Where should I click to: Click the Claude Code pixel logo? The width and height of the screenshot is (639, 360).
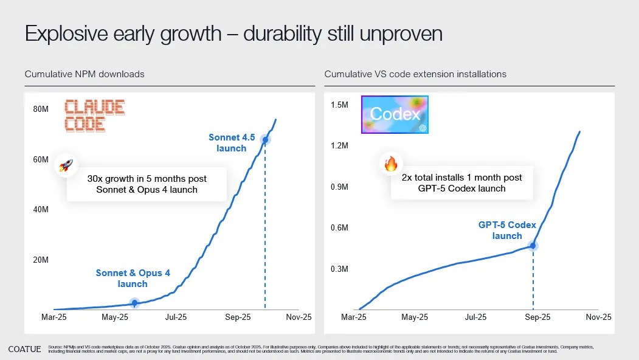coord(94,116)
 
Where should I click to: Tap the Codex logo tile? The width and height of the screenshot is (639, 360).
coord(395,114)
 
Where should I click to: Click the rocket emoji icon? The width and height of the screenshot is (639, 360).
coord(65,166)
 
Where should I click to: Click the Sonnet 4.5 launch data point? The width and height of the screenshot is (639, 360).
coord(265,140)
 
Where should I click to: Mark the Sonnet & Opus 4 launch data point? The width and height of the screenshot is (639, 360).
coord(134,302)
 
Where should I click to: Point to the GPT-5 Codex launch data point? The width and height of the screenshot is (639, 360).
coord(533,246)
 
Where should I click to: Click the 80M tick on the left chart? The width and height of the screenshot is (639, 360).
coord(40,109)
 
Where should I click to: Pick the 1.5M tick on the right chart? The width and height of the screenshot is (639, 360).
coord(339,105)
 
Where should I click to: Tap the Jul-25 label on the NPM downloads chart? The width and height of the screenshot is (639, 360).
coord(176,317)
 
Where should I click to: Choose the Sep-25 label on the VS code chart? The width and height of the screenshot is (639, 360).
coord(537,317)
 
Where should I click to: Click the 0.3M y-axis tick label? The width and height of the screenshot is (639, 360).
coord(339,269)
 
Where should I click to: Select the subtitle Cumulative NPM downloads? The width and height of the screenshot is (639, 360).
coord(85,74)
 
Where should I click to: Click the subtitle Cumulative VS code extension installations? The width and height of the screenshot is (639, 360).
coord(415,74)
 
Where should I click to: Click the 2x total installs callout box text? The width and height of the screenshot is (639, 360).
coord(461,182)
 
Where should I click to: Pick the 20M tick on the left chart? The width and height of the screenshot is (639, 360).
coord(40,260)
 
